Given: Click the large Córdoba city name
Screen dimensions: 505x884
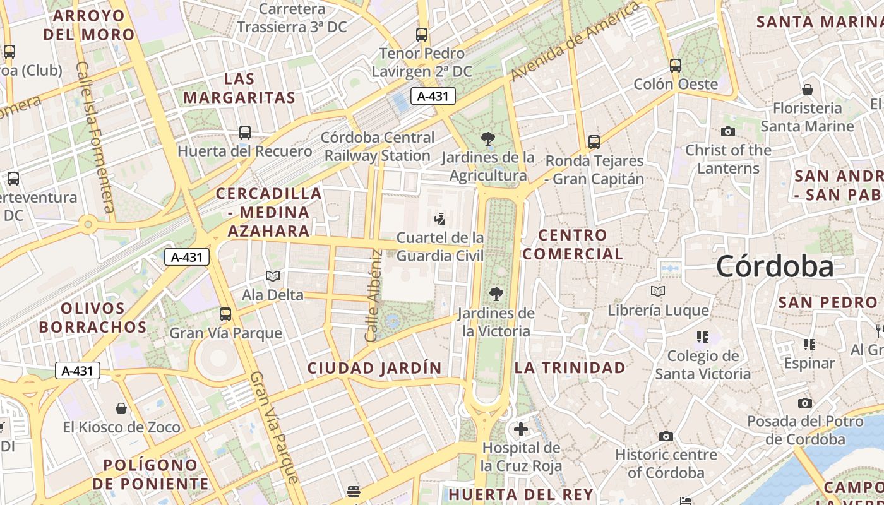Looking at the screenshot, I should click(x=775, y=266).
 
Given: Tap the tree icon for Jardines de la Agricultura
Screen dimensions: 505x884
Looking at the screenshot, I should click(x=487, y=139).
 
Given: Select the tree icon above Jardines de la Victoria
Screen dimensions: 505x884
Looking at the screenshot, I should click(x=496, y=294).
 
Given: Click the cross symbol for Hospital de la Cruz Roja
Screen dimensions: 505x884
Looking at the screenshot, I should click(x=521, y=430).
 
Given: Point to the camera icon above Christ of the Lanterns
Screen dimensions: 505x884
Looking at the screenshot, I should click(x=728, y=131).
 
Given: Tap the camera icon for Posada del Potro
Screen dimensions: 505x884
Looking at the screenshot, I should click(x=804, y=403).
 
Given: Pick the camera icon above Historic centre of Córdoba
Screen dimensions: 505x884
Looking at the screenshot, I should click(x=666, y=436).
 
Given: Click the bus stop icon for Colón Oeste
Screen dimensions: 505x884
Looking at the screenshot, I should click(x=676, y=65).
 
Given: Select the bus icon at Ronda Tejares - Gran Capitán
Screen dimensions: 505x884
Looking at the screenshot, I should click(x=594, y=142).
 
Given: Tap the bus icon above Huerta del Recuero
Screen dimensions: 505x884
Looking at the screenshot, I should click(x=245, y=133).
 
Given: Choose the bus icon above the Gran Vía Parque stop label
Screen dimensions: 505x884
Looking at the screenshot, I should click(x=225, y=314).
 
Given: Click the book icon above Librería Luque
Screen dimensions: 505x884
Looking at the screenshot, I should click(x=658, y=292).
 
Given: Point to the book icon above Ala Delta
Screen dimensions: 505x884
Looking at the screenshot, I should click(x=273, y=276).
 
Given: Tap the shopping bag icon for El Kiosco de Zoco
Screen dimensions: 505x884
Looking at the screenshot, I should click(x=121, y=408).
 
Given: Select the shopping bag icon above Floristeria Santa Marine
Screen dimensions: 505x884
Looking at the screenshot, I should click(x=807, y=89).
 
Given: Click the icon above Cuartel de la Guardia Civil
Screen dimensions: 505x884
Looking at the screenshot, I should click(x=440, y=218).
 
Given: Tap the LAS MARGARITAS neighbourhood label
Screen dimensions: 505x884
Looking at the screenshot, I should click(x=239, y=88).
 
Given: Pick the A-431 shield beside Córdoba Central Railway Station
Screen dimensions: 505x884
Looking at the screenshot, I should click(x=433, y=96).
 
